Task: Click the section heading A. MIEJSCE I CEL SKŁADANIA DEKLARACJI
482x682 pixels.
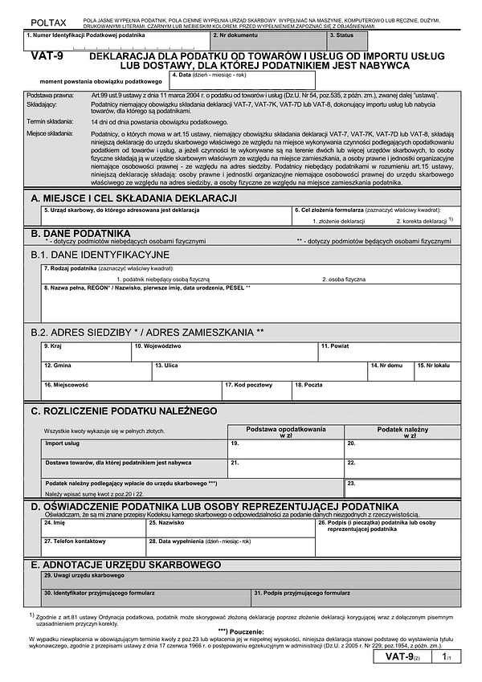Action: coord(133,198)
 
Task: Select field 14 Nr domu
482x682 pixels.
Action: coord(390,370)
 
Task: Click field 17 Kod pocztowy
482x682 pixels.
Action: coord(257,390)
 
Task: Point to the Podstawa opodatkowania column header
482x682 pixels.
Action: coord(286,431)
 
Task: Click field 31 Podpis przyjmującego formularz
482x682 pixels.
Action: coord(355,597)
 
